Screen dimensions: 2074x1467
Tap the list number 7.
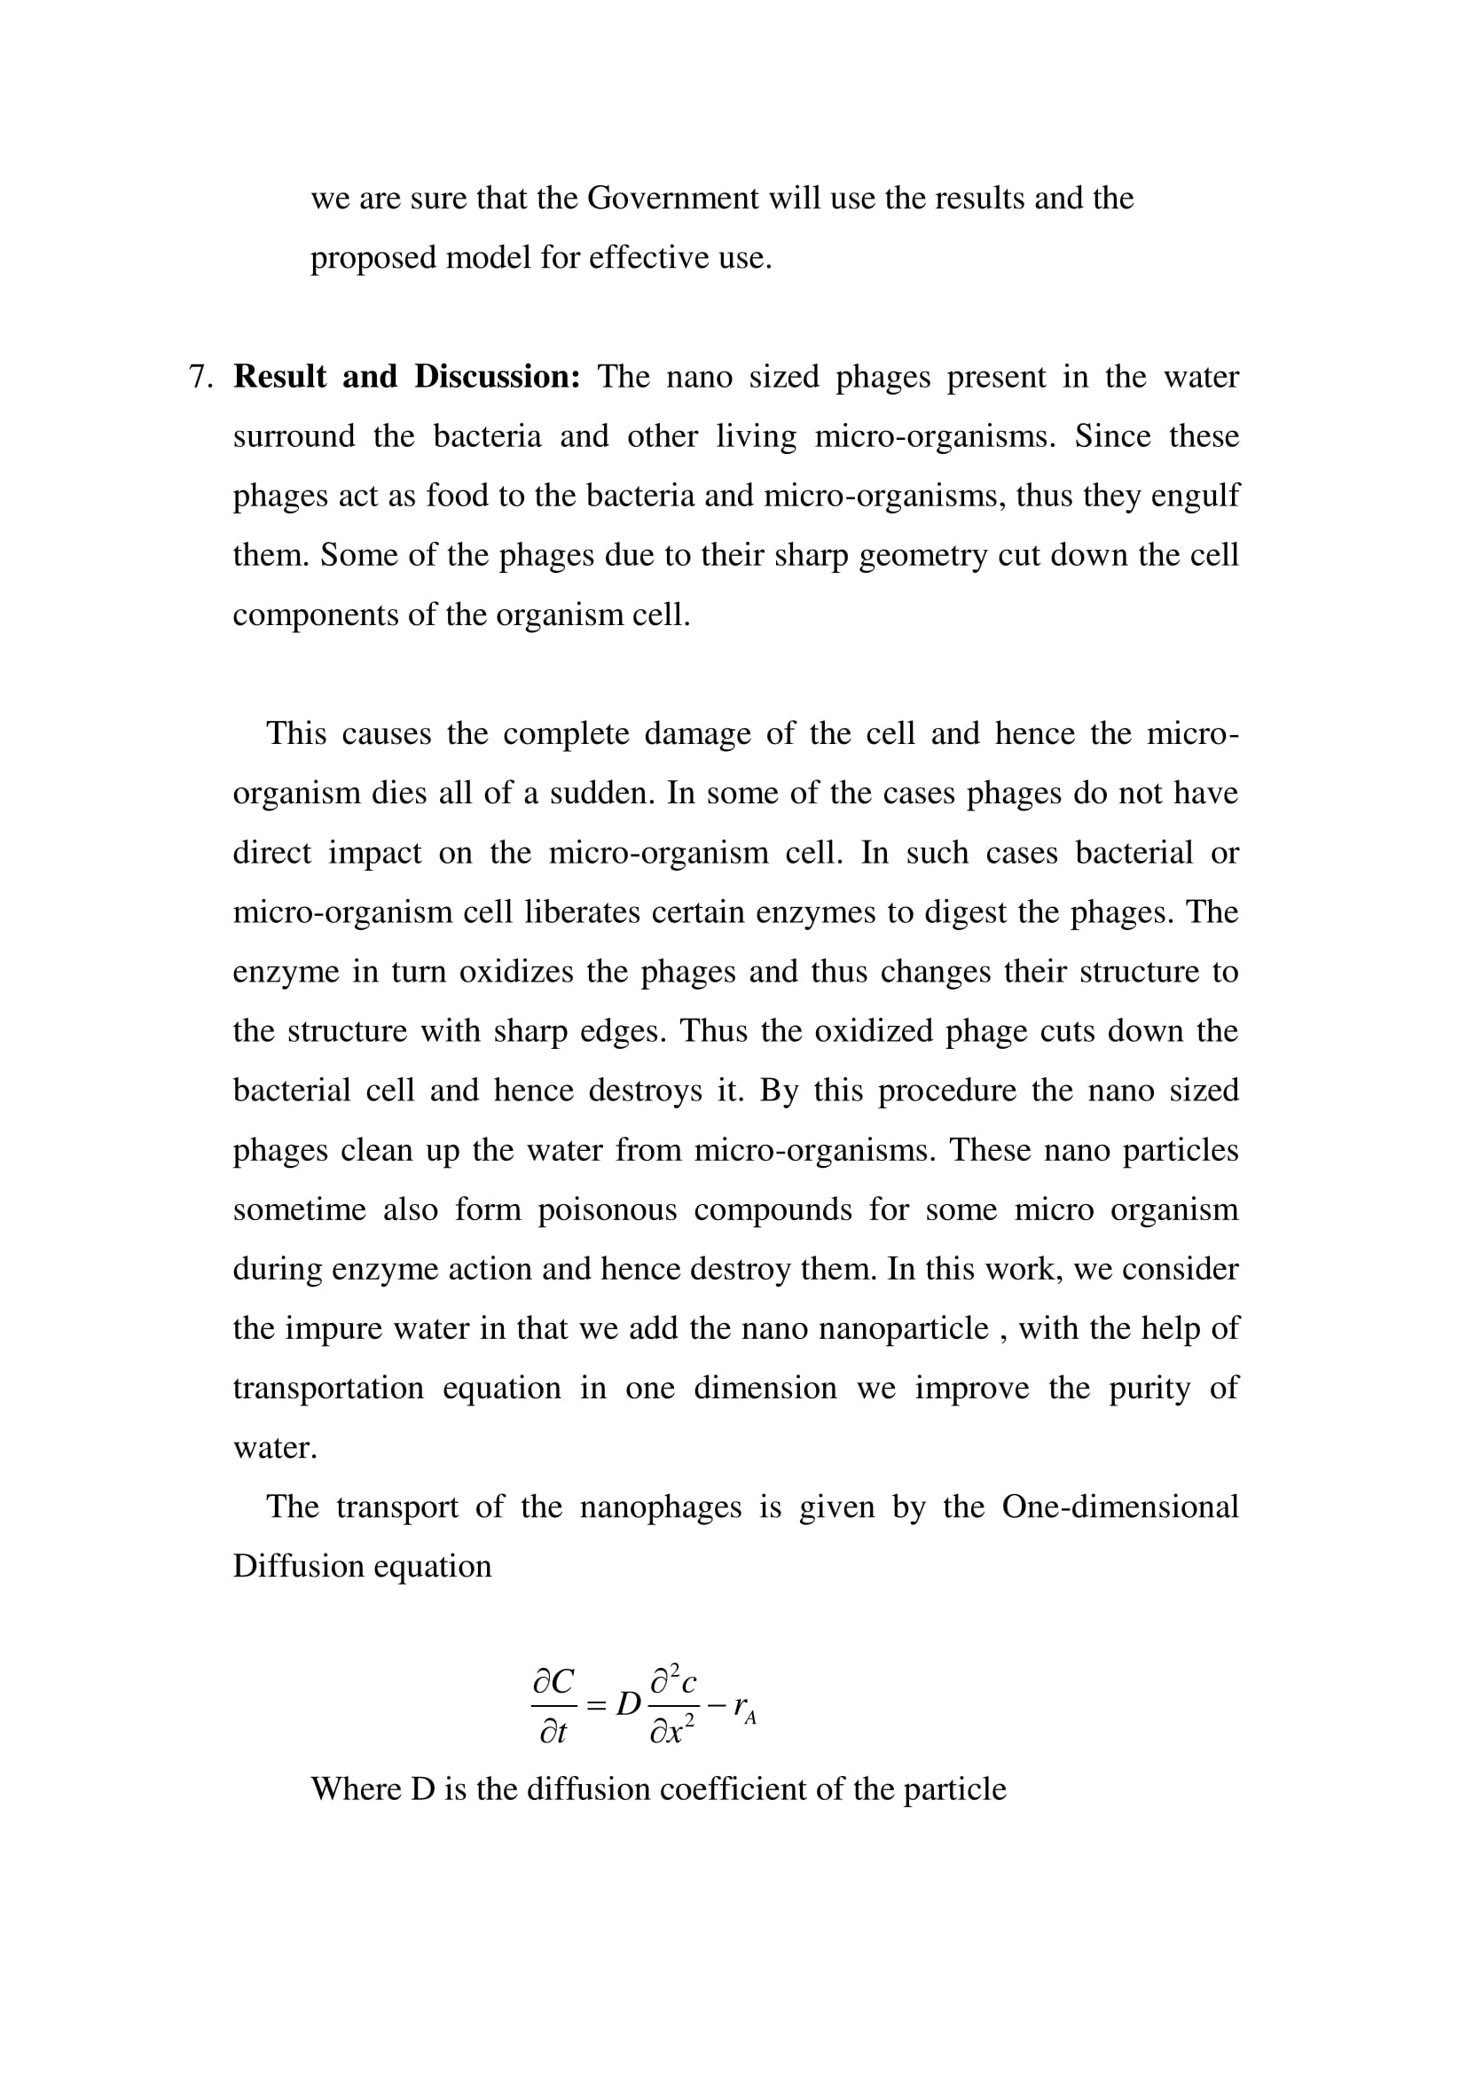[x=200, y=377]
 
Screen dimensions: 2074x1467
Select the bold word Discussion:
[x=497, y=377]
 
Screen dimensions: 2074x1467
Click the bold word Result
[x=279, y=377]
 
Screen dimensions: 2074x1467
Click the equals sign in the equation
[x=596, y=1705]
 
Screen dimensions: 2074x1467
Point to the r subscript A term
[x=744, y=1707]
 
